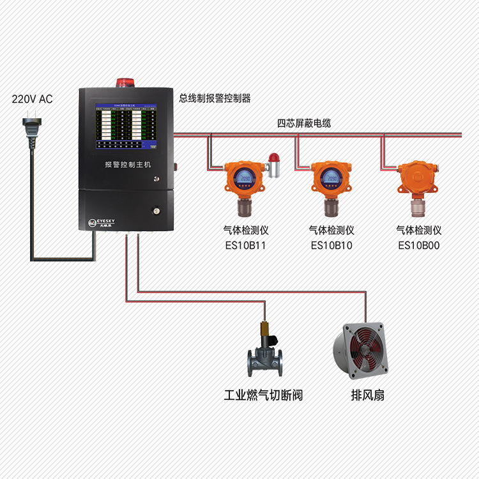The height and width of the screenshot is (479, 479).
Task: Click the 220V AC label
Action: click(33, 99)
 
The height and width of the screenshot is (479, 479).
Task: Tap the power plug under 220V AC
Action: click(29, 121)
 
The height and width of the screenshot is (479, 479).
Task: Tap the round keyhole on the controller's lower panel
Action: click(155, 209)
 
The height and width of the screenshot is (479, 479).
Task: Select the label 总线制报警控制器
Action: click(215, 98)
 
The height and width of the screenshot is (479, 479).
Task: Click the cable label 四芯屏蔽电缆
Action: click(303, 123)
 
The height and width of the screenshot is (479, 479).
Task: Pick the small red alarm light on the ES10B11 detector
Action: click(274, 158)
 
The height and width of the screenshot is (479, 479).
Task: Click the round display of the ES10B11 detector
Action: click(243, 176)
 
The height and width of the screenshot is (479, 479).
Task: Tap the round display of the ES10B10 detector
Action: click(330, 176)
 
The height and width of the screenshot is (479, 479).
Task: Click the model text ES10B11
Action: click(244, 245)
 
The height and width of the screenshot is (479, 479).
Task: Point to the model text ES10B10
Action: click(331, 245)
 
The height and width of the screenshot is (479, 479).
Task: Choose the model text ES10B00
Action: click(419, 245)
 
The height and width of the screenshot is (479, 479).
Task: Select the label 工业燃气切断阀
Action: click(263, 395)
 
